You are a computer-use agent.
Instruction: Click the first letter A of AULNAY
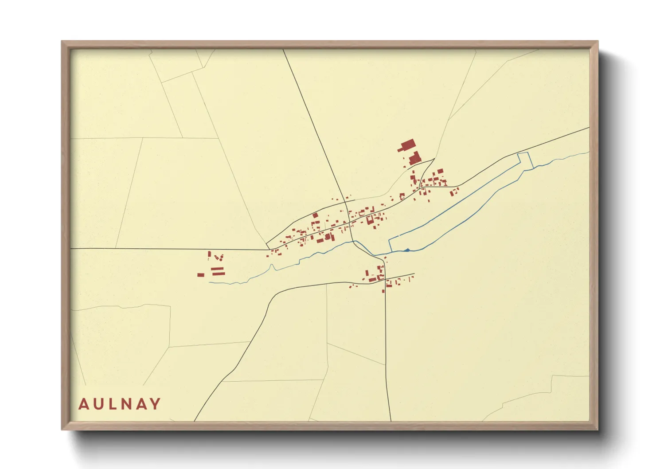pos(83,404)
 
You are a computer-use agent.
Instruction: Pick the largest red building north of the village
pos(407,145)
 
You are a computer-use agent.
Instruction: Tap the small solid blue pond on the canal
pos(406,250)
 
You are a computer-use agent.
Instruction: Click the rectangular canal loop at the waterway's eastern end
pos(525,160)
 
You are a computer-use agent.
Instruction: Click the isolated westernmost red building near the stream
pos(201,275)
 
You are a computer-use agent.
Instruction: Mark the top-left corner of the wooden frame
pos(62,42)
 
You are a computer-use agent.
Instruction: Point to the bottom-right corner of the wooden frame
pos(597,430)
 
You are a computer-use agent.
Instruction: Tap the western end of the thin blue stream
pos(209,282)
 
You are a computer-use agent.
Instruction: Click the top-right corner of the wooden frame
pos(597,42)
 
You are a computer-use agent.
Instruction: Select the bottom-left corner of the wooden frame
pos(62,430)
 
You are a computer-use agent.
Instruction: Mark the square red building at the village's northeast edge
pos(440,171)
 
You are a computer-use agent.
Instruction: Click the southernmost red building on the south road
pos(383,291)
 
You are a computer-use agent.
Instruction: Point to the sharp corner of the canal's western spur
pos(389,240)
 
